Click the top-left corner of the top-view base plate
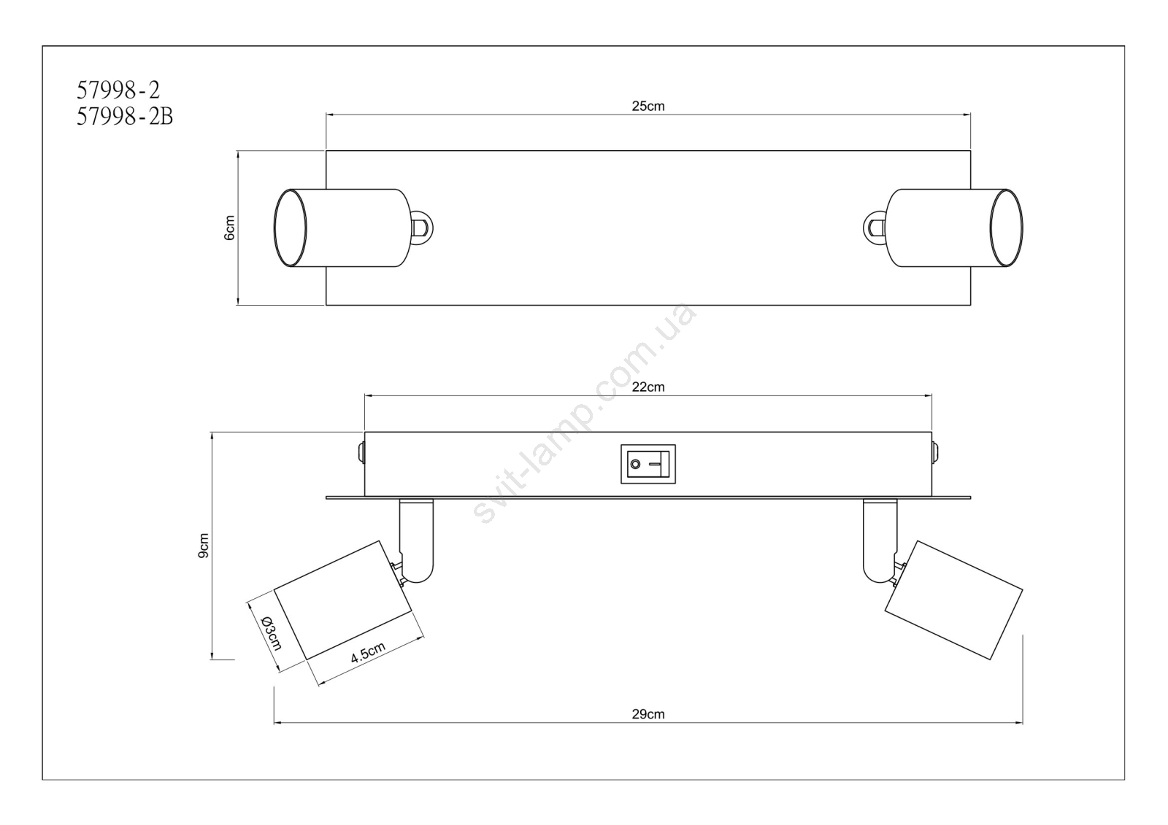(x=326, y=151)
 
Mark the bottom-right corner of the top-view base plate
(x=970, y=305)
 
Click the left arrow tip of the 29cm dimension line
(x=274, y=723)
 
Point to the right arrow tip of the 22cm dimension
(x=931, y=396)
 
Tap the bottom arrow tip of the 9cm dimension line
(x=212, y=659)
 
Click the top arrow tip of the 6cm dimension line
(x=238, y=152)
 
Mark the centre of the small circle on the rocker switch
(x=635, y=464)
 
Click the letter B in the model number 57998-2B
(x=166, y=117)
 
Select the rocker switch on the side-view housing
(x=648, y=464)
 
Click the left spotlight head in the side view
(x=343, y=600)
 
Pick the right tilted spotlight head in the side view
(x=953, y=600)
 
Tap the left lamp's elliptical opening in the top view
(x=291, y=228)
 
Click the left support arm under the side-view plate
(x=416, y=541)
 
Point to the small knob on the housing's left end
(x=361, y=452)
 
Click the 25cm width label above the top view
(x=648, y=106)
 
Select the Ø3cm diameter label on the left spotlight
(x=271, y=632)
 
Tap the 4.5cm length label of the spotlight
(x=368, y=652)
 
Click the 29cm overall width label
(x=648, y=714)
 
